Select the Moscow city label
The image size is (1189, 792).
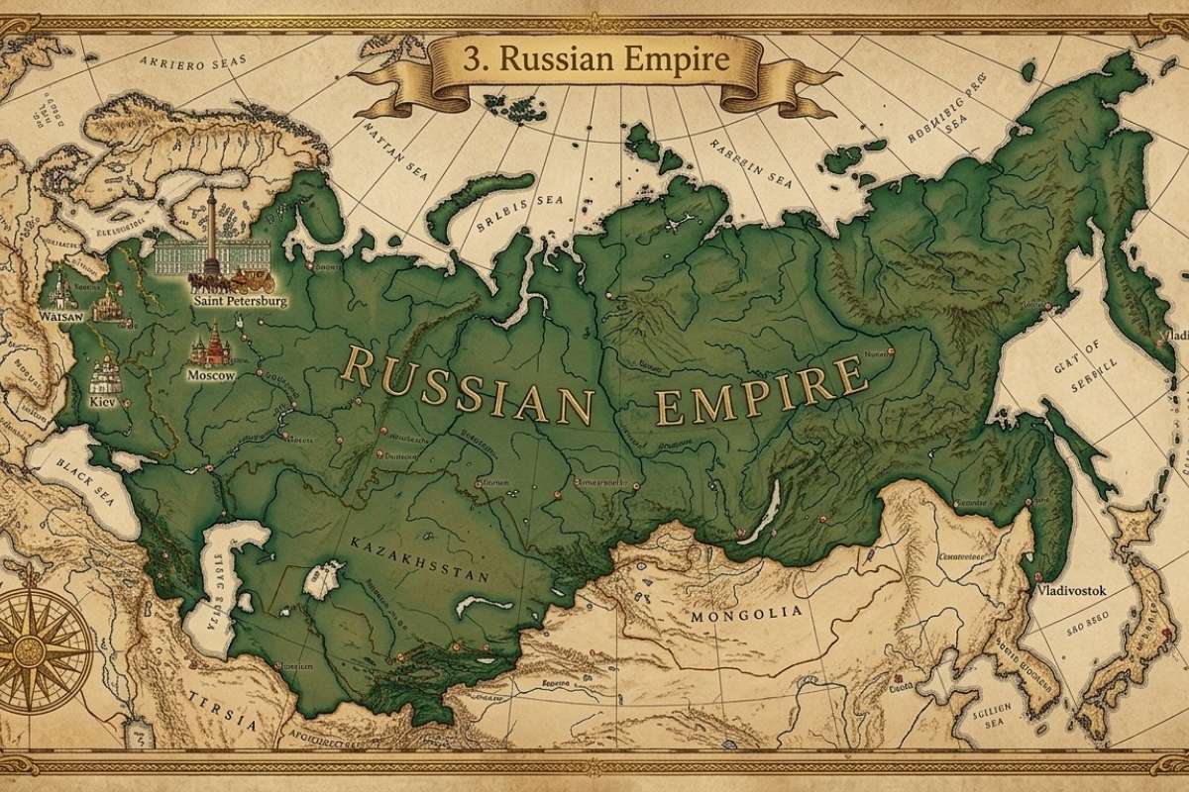pos(210,376)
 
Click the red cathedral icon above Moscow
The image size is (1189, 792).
pos(210,346)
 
